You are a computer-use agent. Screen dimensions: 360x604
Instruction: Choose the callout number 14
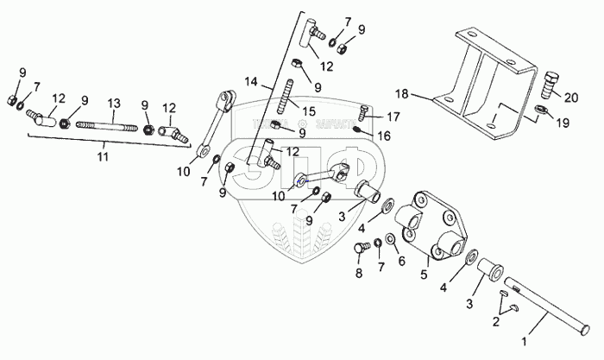251,84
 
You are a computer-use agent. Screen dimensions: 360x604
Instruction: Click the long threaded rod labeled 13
107,125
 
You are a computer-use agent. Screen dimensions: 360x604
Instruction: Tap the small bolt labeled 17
365,112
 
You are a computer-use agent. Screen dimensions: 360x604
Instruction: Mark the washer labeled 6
391,237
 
